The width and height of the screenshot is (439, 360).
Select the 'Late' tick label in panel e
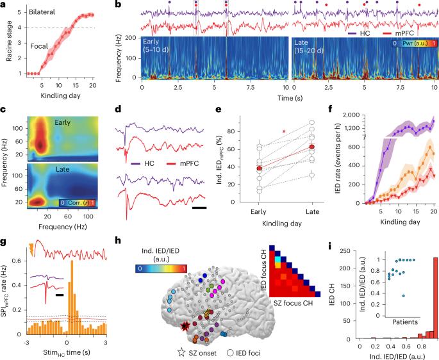click(x=311, y=211)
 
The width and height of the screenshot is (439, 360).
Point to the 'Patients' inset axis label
click(x=402, y=320)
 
